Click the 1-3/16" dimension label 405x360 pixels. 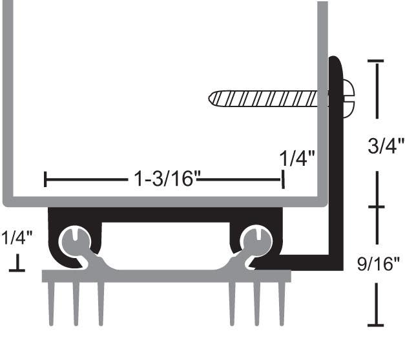tap(164, 178)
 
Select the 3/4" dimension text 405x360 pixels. tap(386, 146)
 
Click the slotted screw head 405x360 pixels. tap(348, 99)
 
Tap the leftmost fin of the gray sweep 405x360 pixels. tap(52, 303)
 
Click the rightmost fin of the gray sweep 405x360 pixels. tap(282, 303)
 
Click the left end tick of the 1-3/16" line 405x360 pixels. tap(45, 179)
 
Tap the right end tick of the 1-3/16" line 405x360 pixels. tap(283, 179)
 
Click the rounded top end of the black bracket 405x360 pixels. tap(335, 61)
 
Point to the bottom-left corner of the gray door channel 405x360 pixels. tap(6, 203)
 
